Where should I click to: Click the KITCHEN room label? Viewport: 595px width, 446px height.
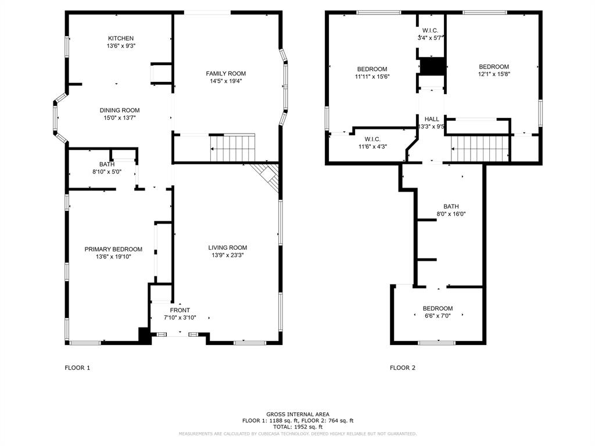click(x=121, y=38)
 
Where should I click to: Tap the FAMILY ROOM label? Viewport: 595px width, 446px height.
click(x=226, y=74)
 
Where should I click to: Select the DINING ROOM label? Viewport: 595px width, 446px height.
click(x=120, y=110)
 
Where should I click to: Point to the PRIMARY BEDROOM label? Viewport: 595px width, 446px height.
click(x=113, y=249)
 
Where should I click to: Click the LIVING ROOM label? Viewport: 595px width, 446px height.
click(x=228, y=247)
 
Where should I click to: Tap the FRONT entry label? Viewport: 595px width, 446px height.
click(x=180, y=310)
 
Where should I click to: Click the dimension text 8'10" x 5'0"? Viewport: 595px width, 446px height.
click(x=107, y=172)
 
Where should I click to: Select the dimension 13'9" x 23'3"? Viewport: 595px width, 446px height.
click(x=228, y=256)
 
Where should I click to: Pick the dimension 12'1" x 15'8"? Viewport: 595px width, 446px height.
click(x=494, y=74)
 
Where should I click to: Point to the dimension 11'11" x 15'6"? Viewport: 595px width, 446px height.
click(x=372, y=77)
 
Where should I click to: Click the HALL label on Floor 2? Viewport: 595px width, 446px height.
click(x=432, y=119)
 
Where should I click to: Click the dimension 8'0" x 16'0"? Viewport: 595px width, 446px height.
click(x=451, y=214)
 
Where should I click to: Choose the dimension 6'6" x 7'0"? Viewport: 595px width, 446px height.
click(x=438, y=316)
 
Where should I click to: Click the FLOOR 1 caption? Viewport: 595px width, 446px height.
click(x=77, y=368)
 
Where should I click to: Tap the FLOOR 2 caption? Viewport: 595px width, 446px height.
click(x=403, y=368)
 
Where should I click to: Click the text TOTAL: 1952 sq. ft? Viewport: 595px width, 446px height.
click(x=298, y=427)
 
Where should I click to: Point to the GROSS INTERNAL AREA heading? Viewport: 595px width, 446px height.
click(x=298, y=415)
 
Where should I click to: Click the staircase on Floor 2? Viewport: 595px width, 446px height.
click(x=479, y=149)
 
